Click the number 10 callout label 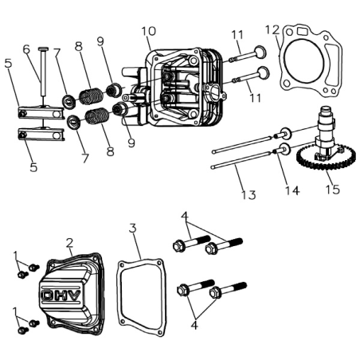point(148,32)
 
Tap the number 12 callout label point(273,31)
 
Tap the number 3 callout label point(132,229)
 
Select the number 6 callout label point(25,49)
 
